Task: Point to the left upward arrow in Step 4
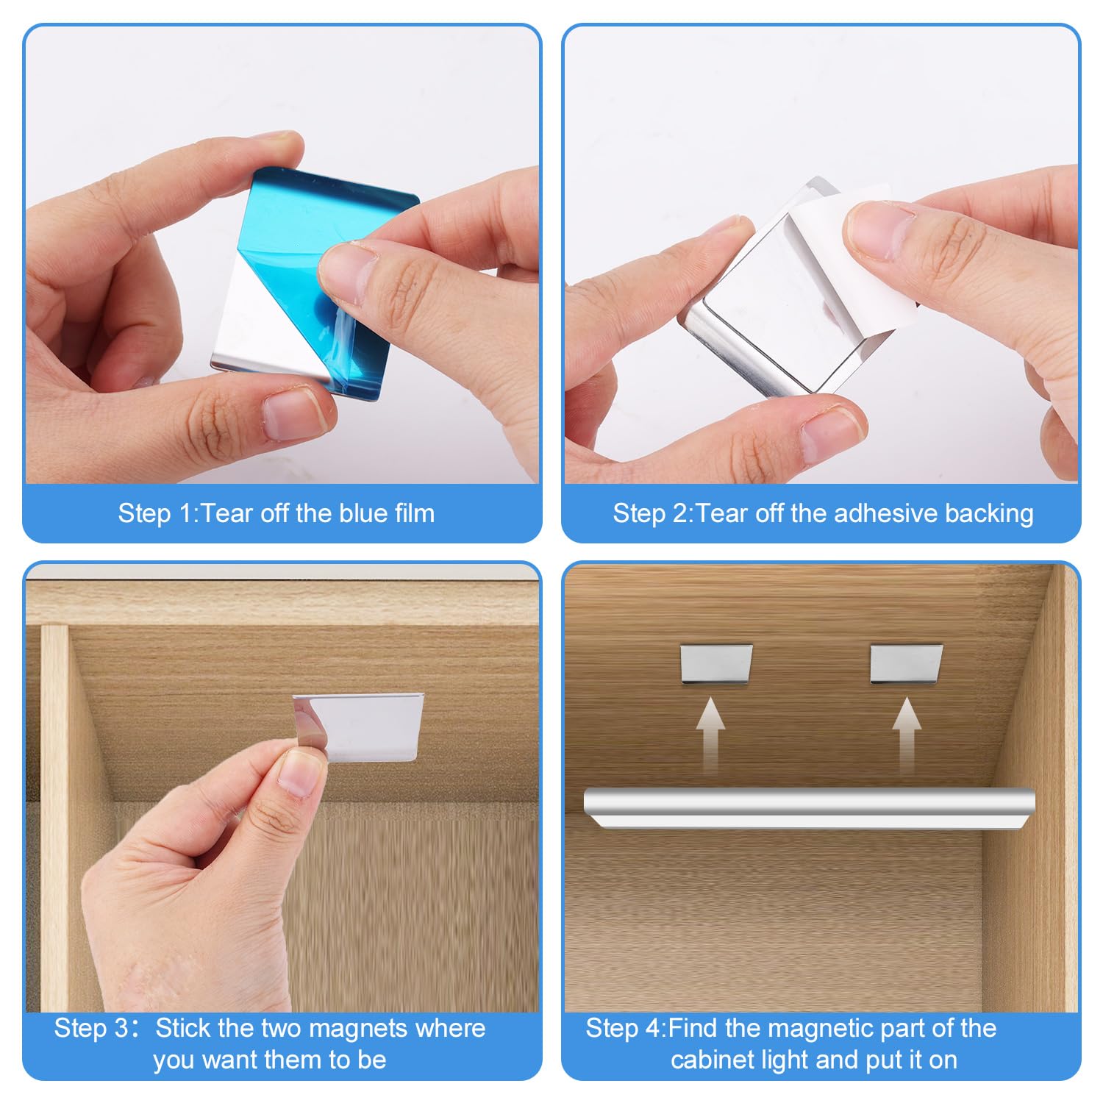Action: click(x=710, y=735)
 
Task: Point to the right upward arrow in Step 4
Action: click(x=907, y=735)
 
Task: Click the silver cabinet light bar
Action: click(x=809, y=809)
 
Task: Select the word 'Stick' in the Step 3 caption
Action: click(x=182, y=1028)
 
